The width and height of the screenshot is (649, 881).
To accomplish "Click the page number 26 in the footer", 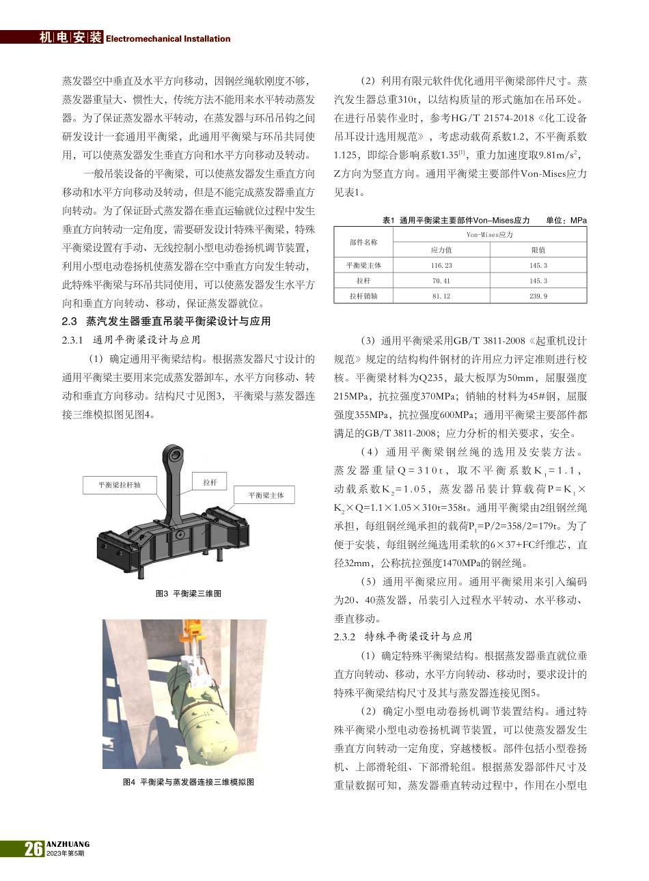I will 33,848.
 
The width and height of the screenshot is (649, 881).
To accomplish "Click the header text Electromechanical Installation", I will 168,39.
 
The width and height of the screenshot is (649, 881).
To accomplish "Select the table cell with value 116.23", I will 441,266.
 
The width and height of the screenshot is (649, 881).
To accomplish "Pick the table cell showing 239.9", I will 538,296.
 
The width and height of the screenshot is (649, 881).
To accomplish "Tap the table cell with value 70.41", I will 441,281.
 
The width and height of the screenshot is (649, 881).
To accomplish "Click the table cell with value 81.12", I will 441,296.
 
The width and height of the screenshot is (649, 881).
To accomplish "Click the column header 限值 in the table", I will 538,250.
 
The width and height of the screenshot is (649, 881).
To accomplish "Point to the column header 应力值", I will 441,250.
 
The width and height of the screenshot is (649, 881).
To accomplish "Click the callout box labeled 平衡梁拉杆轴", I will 119,485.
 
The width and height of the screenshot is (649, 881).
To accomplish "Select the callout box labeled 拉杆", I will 210,482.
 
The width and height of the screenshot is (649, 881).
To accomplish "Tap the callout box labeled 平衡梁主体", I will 266,495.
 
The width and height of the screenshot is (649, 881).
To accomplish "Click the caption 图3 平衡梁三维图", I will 189,593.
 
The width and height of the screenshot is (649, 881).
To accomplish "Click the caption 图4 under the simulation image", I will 189,781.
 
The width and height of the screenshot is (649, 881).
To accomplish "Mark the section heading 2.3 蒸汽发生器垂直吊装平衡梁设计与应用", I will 166,321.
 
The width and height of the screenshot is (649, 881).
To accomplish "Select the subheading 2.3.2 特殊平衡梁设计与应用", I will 403,637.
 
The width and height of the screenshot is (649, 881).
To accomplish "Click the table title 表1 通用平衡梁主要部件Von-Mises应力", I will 456,220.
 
